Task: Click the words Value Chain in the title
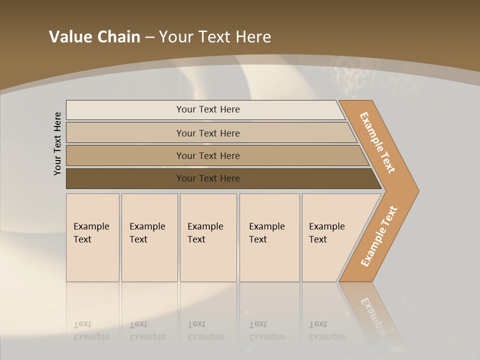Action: pyautogui.click(x=94, y=36)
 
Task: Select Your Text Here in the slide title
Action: pyautogui.click(x=215, y=36)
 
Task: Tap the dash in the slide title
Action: pyautogui.click(x=149, y=37)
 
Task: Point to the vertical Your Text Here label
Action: pyautogui.click(x=57, y=143)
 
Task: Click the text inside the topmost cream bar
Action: pyautogui.click(x=208, y=109)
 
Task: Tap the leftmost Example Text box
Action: pyautogui.click(x=92, y=237)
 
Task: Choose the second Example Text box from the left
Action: pyautogui.click(x=149, y=237)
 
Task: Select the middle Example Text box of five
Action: pyautogui.click(x=208, y=237)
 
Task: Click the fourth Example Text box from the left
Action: pyautogui.click(x=269, y=237)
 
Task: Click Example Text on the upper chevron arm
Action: pyautogui.click(x=378, y=142)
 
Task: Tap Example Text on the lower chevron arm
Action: pyautogui.click(x=378, y=236)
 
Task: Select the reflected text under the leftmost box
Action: pyautogui.click(x=91, y=330)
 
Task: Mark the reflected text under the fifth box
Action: pyautogui.click(x=327, y=330)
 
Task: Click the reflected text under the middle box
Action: pyautogui.click(x=205, y=330)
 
